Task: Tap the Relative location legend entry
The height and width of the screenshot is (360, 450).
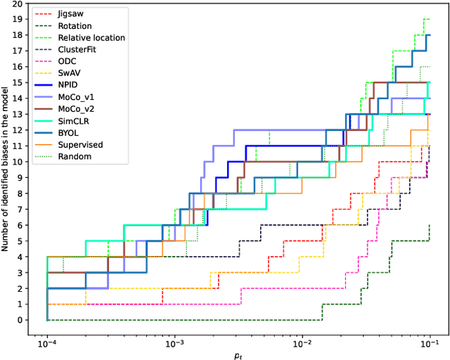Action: pos(91,37)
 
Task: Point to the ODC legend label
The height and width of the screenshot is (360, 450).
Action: pos(67,61)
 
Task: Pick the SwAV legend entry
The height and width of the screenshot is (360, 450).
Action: pos(69,73)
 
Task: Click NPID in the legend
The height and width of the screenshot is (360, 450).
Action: pos(68,85)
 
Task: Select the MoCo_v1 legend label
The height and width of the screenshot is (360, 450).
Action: pos(76,97)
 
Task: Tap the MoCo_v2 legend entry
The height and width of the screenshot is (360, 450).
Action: pos(76,109)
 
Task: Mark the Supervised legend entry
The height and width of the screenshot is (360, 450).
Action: pos(80,145)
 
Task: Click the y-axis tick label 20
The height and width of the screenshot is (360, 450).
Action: pos(26,4)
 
